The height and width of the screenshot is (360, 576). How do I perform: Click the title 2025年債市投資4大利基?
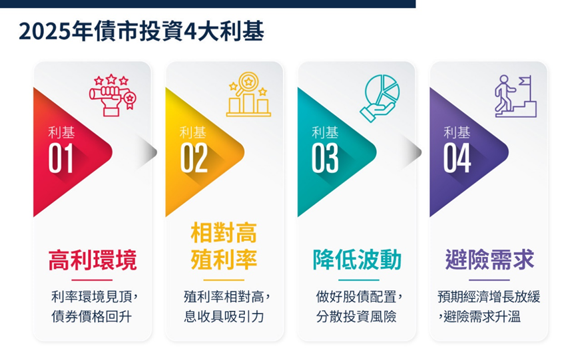point(141,31)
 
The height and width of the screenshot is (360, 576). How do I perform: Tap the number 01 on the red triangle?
point(61,158)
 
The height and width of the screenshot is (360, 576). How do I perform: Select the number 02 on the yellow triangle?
point(194,158)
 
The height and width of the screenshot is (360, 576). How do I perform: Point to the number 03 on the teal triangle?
point(325,158)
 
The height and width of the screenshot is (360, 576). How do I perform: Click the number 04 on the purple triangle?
point(457,158)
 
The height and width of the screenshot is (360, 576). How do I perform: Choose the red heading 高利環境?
point(93,260)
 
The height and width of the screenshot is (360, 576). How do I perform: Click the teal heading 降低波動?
point(357,260)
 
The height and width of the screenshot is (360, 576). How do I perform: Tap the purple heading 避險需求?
point(489,260)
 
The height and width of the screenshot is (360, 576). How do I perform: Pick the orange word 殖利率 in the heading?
point(224,260)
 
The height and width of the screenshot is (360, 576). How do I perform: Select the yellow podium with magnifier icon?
point(248,94)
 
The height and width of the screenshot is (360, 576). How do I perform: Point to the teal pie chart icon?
point(380,98)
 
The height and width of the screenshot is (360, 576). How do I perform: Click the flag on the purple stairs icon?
point(525,81)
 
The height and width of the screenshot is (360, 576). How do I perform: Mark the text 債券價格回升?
point(91,317)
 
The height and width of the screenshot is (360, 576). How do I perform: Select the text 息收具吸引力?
point(224,317)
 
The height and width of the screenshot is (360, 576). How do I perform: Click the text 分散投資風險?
point(356,317)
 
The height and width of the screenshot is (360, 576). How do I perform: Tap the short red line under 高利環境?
point(92,280)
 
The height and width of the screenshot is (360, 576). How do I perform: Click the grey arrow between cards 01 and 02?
point(147,152)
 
